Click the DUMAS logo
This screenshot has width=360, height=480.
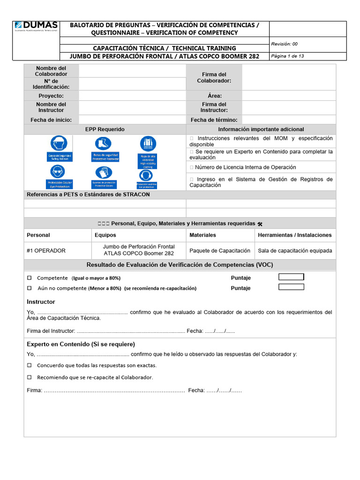(x=36, y=26)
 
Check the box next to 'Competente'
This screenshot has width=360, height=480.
(x=29, y=278)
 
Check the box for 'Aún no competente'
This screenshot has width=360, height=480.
(x=29, y=288)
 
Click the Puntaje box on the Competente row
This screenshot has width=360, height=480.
(x=291, y=277)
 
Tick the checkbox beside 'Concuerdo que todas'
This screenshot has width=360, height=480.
(x=29, y=365)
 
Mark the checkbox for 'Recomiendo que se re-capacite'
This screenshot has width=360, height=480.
(x=29, y=377)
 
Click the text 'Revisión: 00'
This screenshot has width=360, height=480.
(x=284, y=44)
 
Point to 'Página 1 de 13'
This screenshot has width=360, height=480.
(x=287, y=56)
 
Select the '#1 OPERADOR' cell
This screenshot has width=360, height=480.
(x=46, y=251)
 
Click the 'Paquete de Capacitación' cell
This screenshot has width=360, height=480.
(x=220, y=251)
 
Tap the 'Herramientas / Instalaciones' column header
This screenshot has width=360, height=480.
(x=295, y=235)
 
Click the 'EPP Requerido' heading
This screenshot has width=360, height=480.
(x=105, y=129)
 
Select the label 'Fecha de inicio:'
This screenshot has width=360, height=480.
(x=51, y=120)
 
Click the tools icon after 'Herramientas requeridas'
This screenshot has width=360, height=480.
(x=260, y=224)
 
